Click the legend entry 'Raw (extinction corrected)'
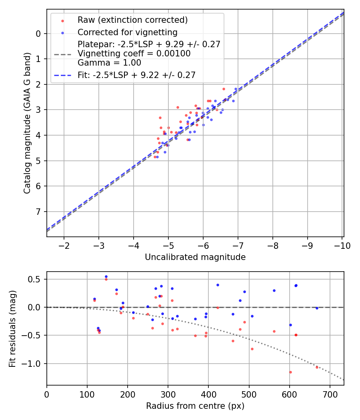132,20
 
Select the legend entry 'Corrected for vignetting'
128,32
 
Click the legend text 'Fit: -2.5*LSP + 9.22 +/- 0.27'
136,75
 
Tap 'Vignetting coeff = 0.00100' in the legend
134,54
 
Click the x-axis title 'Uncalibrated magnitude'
195,257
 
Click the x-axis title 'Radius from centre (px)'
195,406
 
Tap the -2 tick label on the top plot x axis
64,245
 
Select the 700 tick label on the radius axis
330,394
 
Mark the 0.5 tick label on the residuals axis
36,279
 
